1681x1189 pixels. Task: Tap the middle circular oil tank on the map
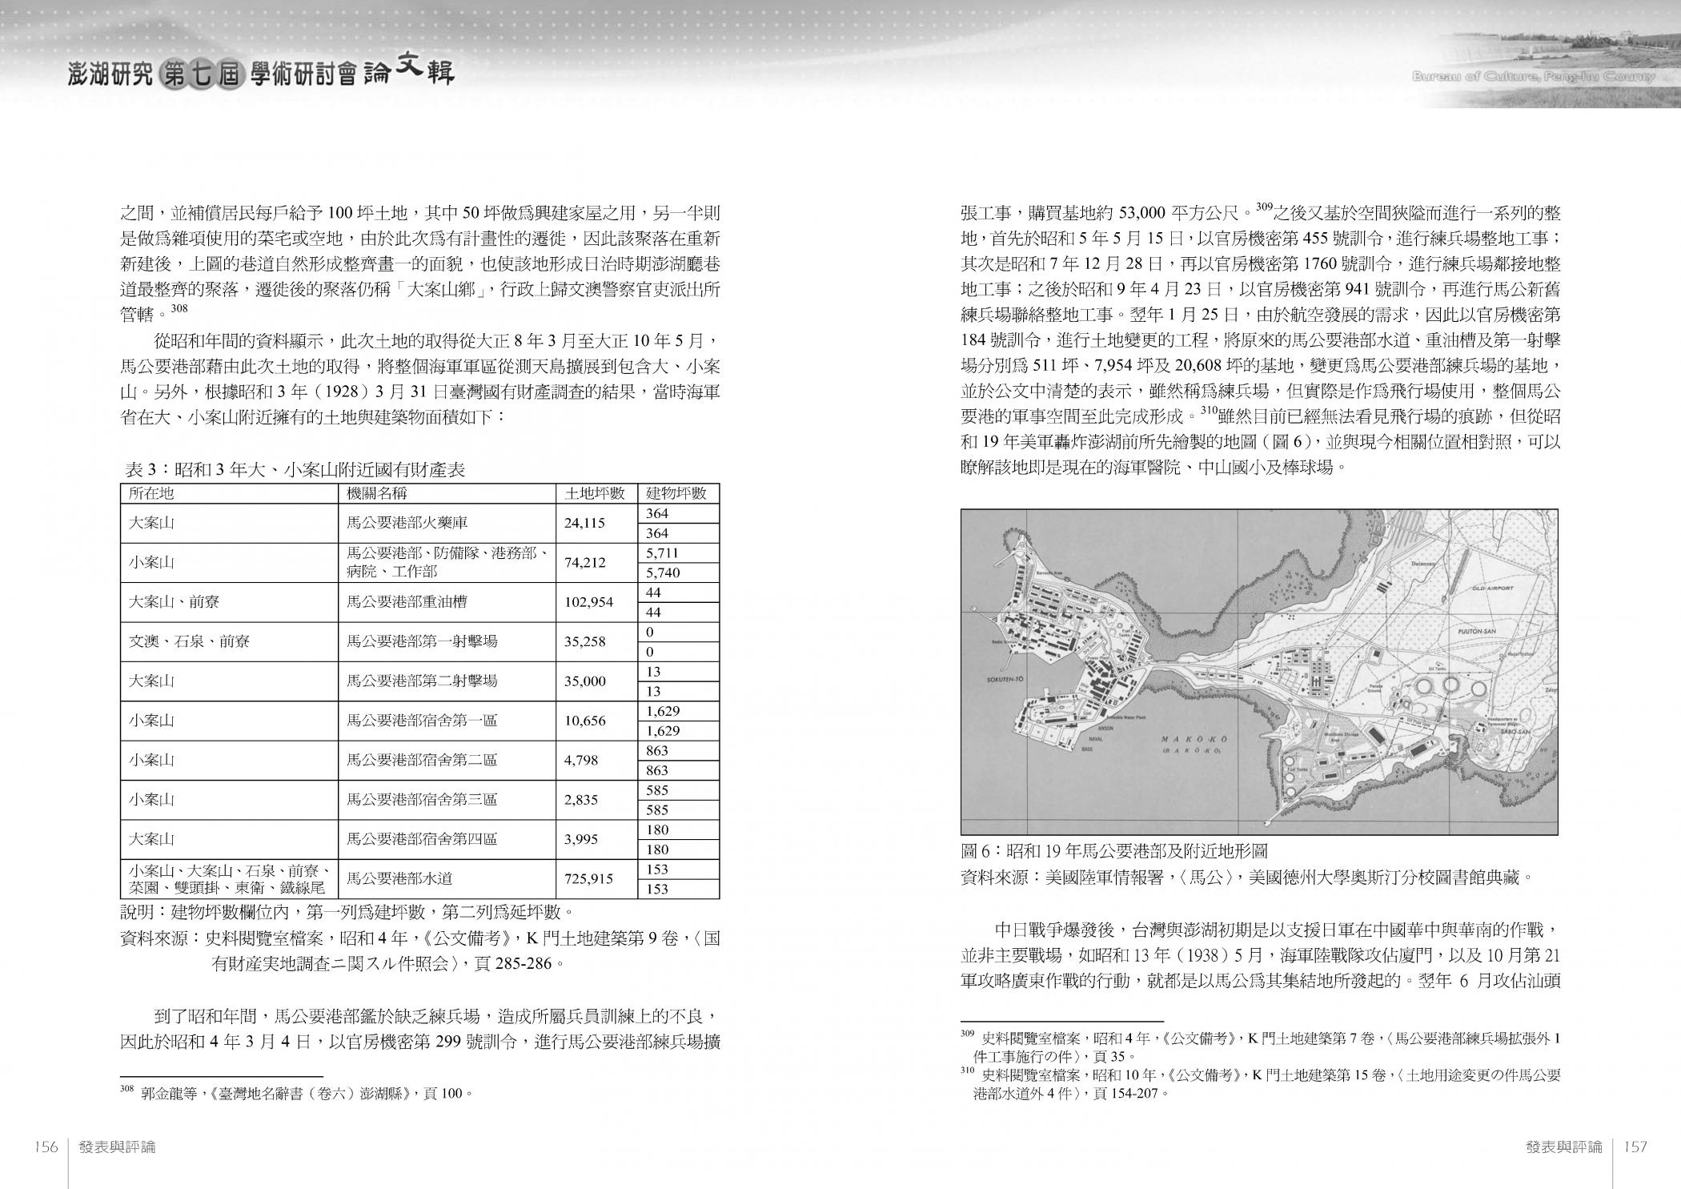coord(1450,686)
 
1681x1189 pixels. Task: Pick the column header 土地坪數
coord(595,493)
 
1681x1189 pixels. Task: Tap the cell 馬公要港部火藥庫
coord(407,523)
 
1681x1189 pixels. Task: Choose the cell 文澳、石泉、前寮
coord(189,641)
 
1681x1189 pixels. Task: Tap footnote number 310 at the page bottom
coord(968,1071)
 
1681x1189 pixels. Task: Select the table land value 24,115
coord(584,523)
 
